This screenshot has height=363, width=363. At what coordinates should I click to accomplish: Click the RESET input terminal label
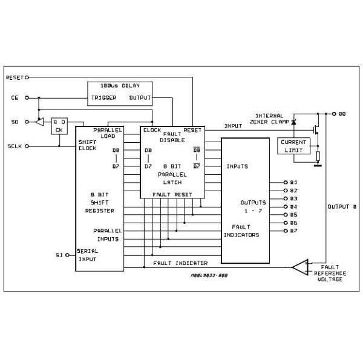(13, 77)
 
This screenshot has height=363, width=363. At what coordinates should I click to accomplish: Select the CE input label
(15, 97)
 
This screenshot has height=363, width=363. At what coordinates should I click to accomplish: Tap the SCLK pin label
(15, 146)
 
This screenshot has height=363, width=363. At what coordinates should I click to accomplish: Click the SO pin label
(15, 122)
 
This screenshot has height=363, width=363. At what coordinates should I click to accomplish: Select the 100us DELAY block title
(119, 86)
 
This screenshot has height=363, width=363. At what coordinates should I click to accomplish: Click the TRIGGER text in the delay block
(103, 97)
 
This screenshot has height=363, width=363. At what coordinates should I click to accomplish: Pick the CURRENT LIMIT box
(293, 145)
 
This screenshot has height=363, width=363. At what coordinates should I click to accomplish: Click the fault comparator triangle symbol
(299, 267)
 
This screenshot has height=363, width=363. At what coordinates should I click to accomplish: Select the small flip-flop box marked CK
(59, 125)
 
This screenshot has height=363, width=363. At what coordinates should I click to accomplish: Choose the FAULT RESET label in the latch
(172, 194)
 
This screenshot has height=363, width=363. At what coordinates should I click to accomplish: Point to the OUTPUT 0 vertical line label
(342, 207)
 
